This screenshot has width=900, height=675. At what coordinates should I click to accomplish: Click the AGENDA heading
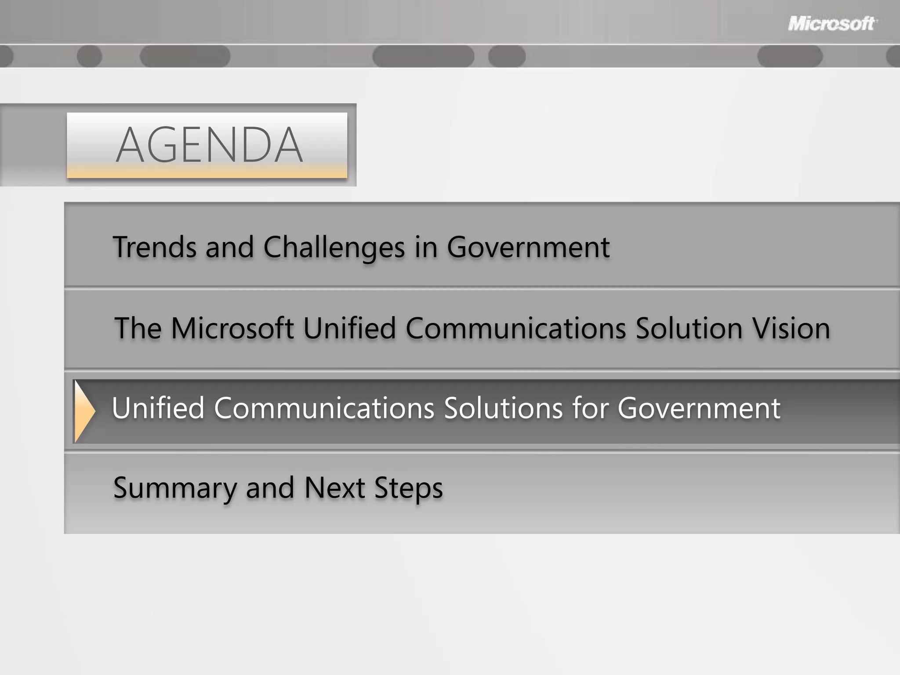coord(209,145)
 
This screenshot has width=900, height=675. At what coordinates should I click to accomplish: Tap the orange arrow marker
coord(84,411)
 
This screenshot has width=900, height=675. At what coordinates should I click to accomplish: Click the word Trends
coord(155,247)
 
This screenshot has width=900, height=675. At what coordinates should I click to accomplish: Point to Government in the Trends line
coord(528,247)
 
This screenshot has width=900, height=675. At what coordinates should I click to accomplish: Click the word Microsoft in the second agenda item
coord(232,328)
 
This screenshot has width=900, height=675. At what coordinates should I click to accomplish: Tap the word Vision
coord(791,328)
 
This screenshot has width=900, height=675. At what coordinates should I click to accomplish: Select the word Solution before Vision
coord(689,328)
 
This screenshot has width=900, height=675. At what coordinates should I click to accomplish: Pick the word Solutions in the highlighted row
coord(503,408)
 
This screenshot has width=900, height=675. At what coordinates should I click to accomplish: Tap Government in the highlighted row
coord(699,408)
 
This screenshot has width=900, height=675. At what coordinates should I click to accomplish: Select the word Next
coord(334,488)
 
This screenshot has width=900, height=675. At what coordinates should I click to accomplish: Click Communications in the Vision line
coord(515,328)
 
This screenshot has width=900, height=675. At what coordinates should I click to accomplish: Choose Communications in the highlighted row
coord(324,408)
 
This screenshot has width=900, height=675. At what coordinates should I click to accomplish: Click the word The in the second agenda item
coord(138,328)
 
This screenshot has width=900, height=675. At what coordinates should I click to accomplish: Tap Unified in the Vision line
coord(349,328)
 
